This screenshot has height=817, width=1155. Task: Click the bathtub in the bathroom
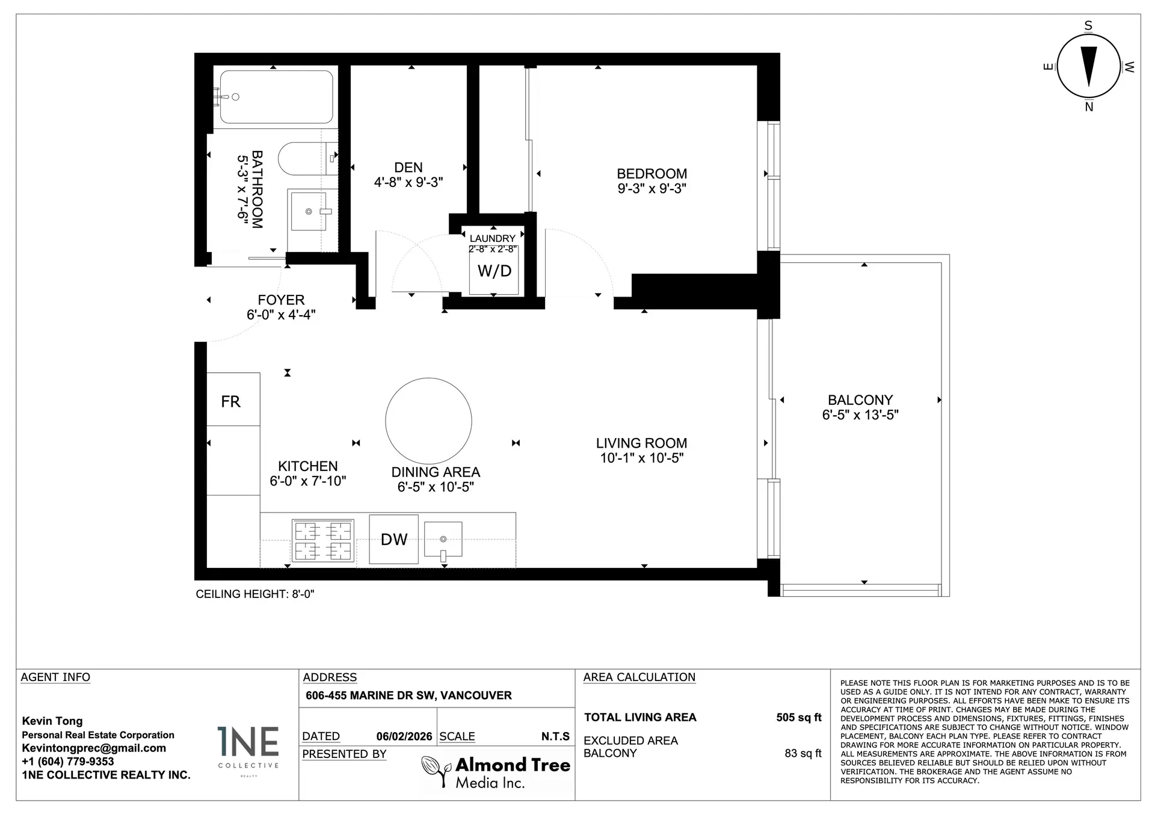tap(276, 97)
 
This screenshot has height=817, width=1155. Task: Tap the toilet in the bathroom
tap(301, 159)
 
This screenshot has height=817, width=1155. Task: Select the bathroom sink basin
tap(309, 211)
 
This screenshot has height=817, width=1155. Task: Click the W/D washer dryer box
tap(494, 271)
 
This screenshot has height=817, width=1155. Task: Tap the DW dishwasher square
tap(393, 539)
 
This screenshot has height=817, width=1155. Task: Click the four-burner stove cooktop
tap(322, 540)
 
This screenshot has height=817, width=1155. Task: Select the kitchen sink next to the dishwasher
tap(443, 539)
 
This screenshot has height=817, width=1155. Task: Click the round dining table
tap(428, 421)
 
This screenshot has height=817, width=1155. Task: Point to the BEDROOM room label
tap(651, 174)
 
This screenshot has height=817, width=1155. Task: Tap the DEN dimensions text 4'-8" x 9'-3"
tap(408, 182)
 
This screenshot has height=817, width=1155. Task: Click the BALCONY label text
tap(860, 400)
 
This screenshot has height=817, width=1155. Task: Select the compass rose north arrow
tap(1089, 66)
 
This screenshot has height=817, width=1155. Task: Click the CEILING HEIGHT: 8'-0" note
tap(255, 594)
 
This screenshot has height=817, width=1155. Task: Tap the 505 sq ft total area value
tap(798, 718)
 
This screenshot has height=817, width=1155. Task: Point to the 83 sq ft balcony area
tap(802, 753)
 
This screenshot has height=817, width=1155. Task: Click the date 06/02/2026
tap(404, 736)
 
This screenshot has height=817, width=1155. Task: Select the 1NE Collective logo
tap(248, 749)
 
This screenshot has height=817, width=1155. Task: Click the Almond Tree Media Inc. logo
tap(496, 772)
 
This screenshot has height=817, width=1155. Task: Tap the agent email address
tap(94, 748)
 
